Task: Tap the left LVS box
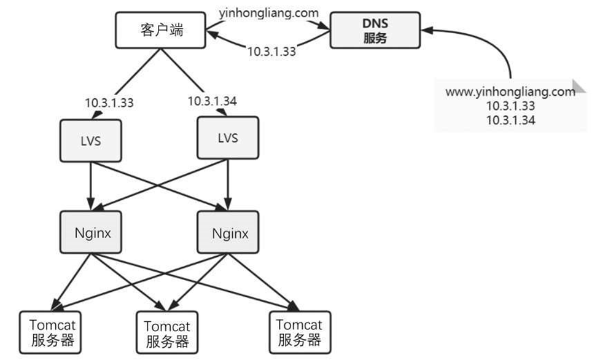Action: click(x=90, y=140)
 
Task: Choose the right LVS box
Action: click(x=227, y=138)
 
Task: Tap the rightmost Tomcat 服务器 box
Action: click(x=299, y=332)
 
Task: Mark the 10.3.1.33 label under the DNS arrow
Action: click(x=271, y=52)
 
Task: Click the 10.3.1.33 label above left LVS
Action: click(x=109, y=102)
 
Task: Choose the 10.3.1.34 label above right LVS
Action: click(x=212, y=101)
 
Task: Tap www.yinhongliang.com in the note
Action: click(x=510, y=92)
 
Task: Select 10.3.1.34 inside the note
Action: click(x=510, y=120)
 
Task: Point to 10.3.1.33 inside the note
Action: click(x=510, y=106)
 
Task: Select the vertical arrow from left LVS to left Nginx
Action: click(x=90, y=184)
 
